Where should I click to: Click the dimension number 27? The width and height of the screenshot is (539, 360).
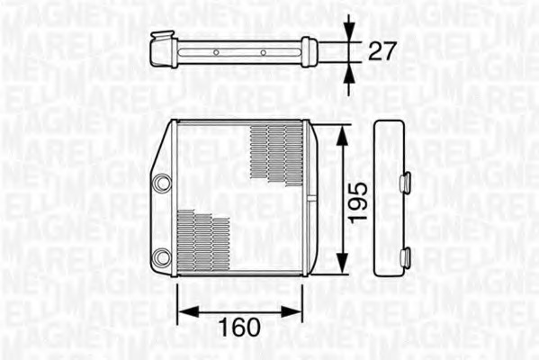click(382, 50)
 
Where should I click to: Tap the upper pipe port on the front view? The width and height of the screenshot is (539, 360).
click(162, 184)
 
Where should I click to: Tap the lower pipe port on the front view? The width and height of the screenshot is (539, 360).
click(162, 257)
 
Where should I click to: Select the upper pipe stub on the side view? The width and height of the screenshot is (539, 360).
click(405, 182)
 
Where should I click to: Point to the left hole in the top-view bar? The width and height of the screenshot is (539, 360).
click(216, 52)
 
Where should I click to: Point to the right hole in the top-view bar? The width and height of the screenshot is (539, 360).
click(264, 52)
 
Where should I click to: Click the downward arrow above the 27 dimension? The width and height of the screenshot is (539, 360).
click(349, 33)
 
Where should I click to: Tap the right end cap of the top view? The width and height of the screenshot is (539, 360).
click(309, 51)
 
